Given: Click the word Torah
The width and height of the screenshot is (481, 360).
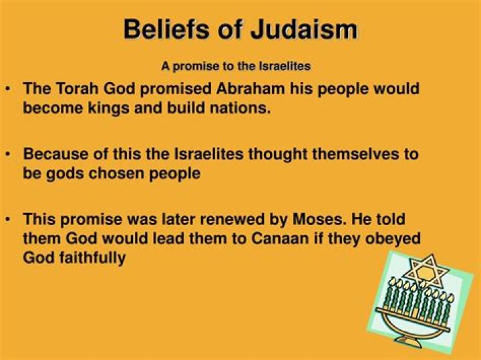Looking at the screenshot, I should (x=75, y=89).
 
